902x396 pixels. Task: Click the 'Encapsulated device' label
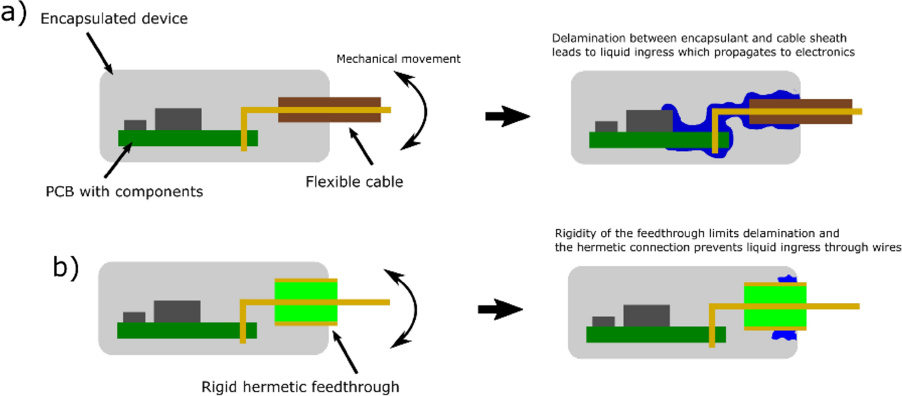(x=114, y=19)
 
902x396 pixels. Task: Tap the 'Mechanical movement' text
(x=398, y=59)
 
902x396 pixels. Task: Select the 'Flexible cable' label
(x=354, y=182)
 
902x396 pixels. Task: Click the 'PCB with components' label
(x=124, y=192)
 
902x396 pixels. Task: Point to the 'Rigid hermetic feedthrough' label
(x=300, y=387)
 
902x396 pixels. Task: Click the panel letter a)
(x=14, y=13)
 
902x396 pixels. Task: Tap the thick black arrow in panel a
(x=507, y=116)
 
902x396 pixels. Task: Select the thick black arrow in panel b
(x=500, y=309)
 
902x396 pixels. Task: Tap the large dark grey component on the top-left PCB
(x=178, y=119)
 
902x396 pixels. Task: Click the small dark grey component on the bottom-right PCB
(x=603, y=321)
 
